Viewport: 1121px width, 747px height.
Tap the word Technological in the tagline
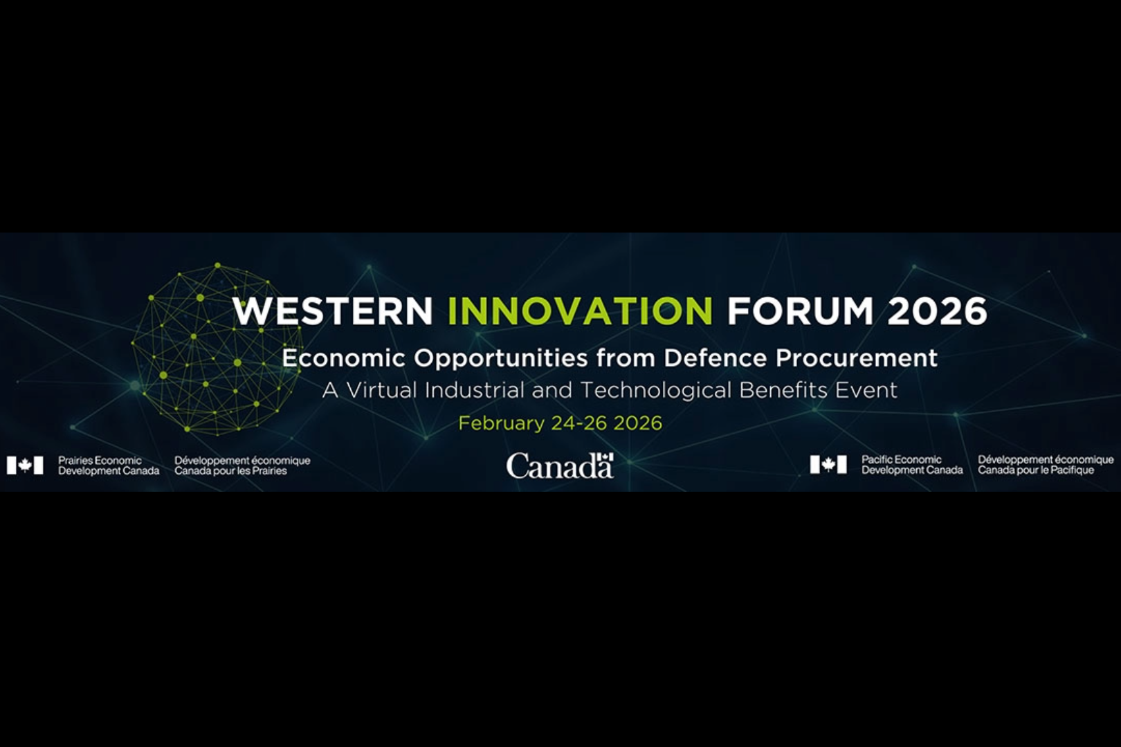pos(655,390)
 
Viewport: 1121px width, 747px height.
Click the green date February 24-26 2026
pos(560,423)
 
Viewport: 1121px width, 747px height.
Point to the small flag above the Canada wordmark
pos(607,456)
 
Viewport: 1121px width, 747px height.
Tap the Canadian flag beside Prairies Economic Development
pos(25,465)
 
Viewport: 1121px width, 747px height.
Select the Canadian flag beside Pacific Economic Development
pos(828,465)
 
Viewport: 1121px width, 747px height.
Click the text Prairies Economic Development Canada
pos(108,465)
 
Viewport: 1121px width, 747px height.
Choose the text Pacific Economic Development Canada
pos(911,465)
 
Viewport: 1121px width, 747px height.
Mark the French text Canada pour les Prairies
pos(230,471)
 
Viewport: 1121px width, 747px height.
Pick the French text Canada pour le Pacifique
pos(1036,470)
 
